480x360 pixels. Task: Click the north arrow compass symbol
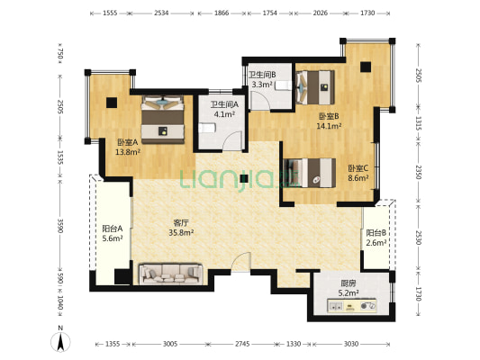pos(60,341)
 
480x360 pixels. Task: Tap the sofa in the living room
pos(171,274)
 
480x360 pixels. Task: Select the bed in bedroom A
pos(163,120)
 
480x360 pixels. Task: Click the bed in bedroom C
pos(310,173)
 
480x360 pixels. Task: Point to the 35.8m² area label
pos(181,233)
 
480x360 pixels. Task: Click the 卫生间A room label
pos(224,104)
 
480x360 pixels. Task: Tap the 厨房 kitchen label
pos(349,283)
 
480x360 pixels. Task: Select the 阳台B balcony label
pos(376,233)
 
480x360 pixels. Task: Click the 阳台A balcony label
pos(113,229)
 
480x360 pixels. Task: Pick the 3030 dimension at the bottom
pos(351,344)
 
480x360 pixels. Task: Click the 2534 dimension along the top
pos(161,13)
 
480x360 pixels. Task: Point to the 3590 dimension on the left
pos(60,226)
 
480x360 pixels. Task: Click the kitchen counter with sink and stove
pos(352,306)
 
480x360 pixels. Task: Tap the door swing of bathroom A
pos(232,140)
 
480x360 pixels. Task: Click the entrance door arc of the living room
pos(240,262)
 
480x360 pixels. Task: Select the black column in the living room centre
pos(244,178)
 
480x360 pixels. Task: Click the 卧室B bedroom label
pos(329,116)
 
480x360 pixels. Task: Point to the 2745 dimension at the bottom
pos(242,344)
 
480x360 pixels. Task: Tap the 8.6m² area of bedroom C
pos(358,178)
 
